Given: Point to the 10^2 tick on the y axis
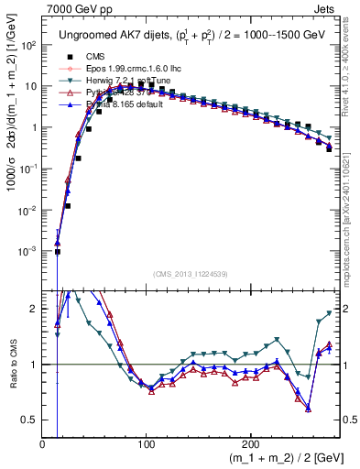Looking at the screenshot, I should click(28, 45).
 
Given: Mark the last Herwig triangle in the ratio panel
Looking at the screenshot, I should click(329, 313).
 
